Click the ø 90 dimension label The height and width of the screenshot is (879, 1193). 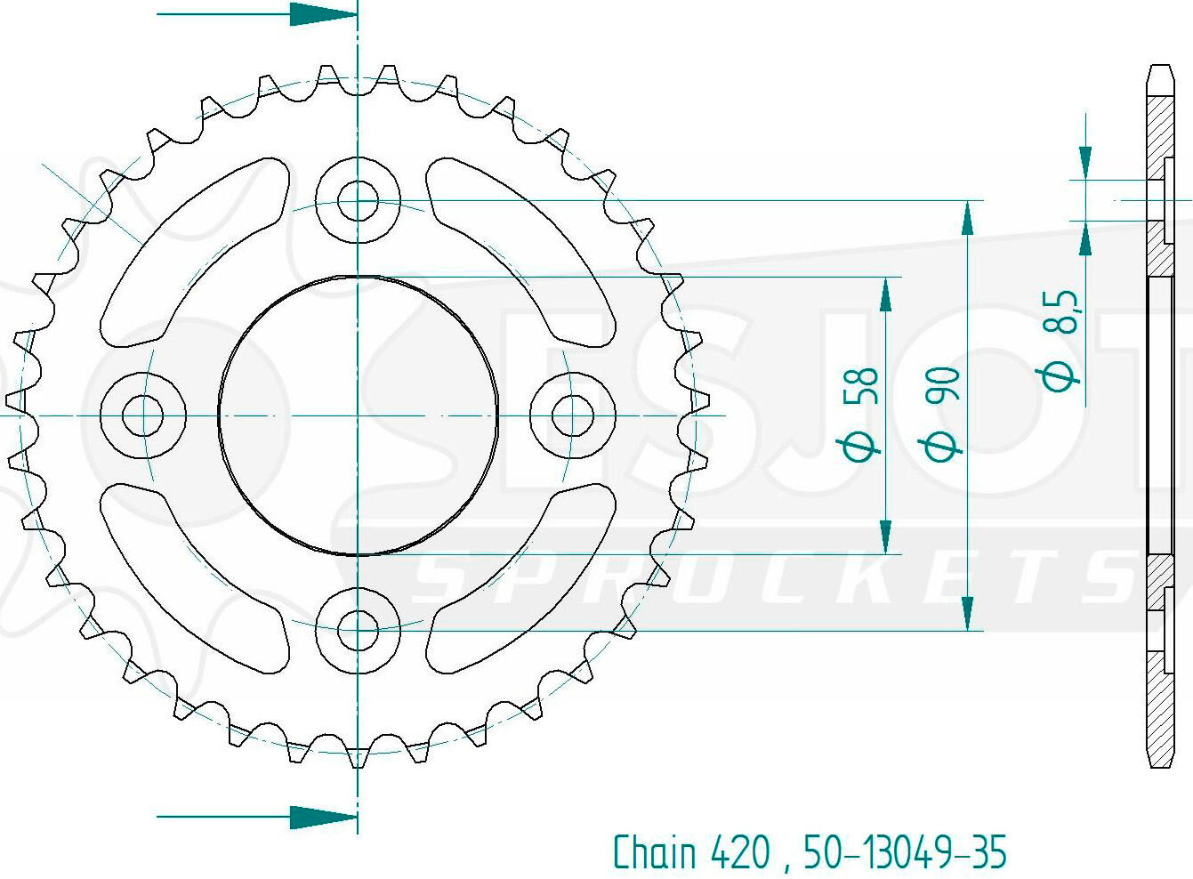[x=942, y=413]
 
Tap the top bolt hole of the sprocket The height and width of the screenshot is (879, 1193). [x=358, y=201]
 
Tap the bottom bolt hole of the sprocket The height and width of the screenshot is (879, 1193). [x=358, y=630]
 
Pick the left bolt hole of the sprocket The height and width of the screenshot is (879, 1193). [x=142, y=415]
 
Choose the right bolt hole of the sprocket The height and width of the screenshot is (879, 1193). [x=572, y=415]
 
